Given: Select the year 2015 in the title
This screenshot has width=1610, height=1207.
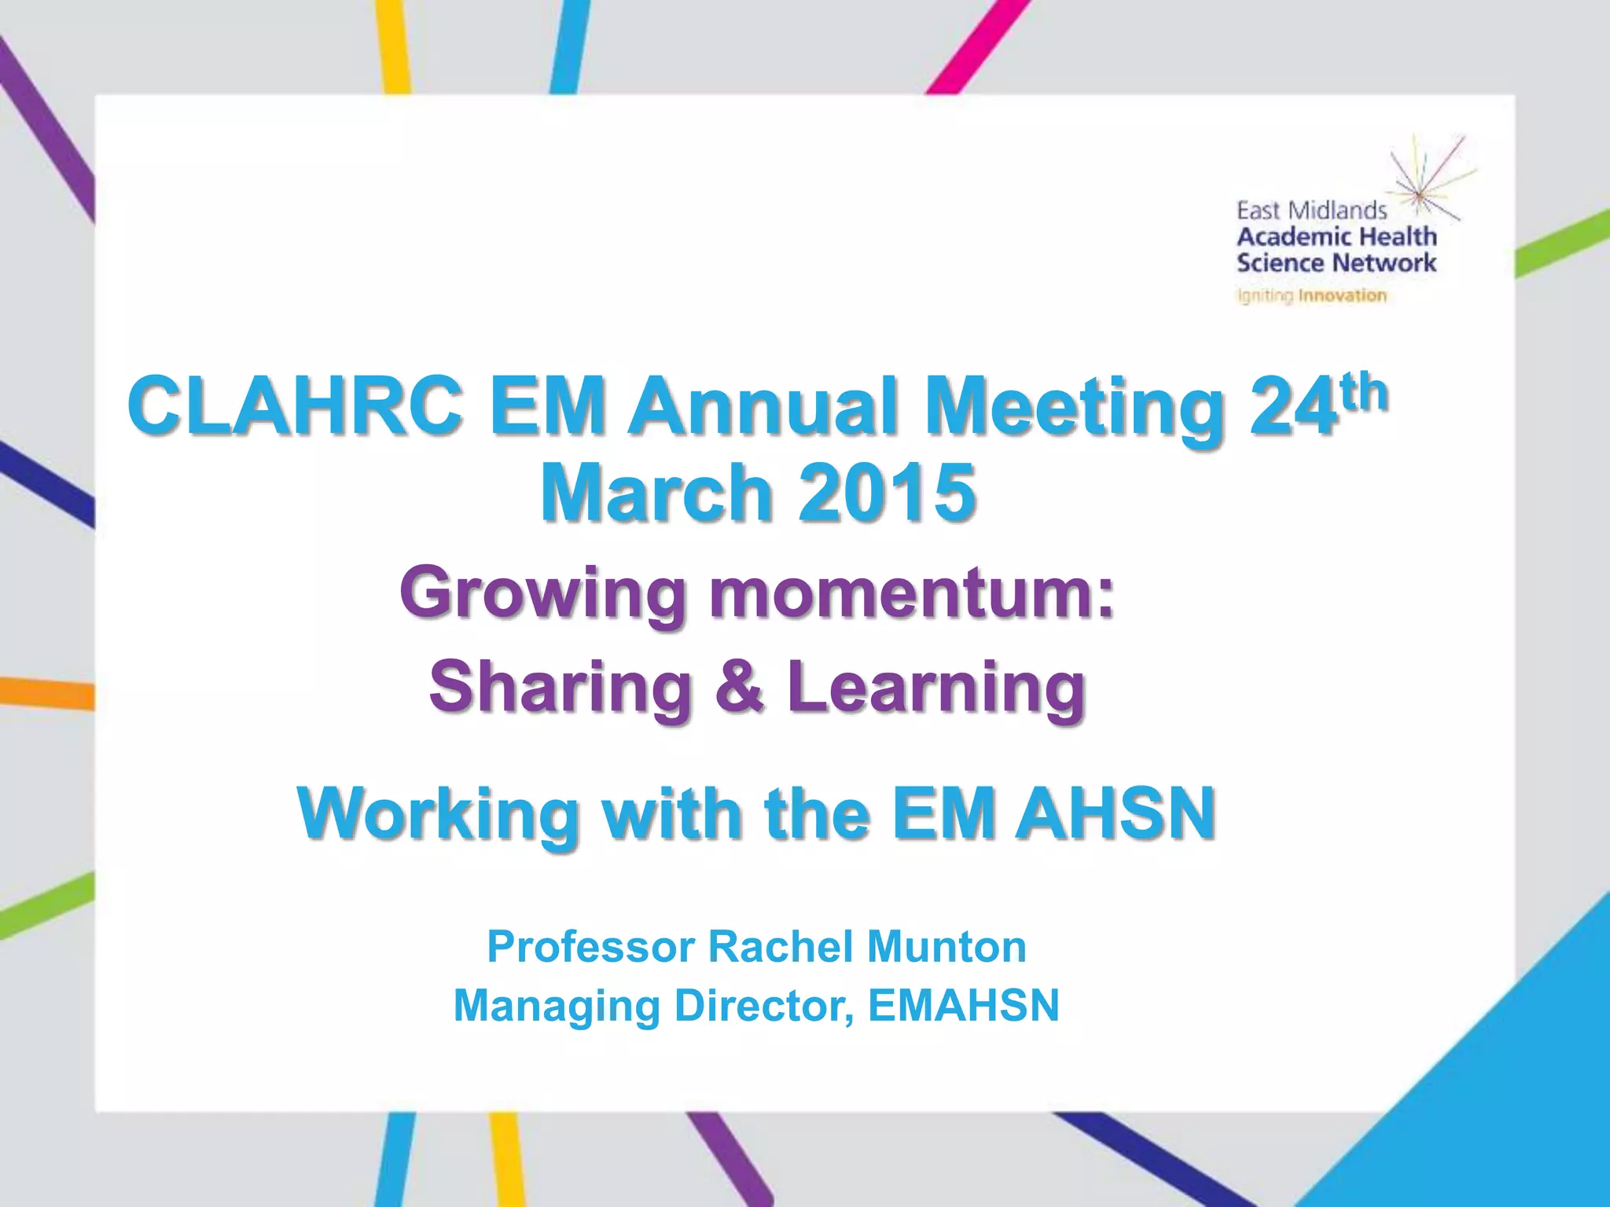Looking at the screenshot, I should coord(888,493).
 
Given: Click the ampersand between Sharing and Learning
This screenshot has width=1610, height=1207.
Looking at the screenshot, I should coord(739,686).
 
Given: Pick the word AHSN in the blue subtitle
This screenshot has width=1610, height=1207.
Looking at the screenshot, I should coord(1116,813).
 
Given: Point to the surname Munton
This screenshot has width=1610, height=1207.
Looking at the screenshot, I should coord(947,946).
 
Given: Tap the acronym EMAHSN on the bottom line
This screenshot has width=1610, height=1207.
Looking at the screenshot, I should coord(964,1005).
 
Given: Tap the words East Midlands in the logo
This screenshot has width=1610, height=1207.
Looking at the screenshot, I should coord(1311,211).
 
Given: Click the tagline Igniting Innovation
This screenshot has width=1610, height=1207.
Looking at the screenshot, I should coord(1311,296).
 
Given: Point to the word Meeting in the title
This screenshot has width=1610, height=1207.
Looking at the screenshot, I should coord(1072,409).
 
